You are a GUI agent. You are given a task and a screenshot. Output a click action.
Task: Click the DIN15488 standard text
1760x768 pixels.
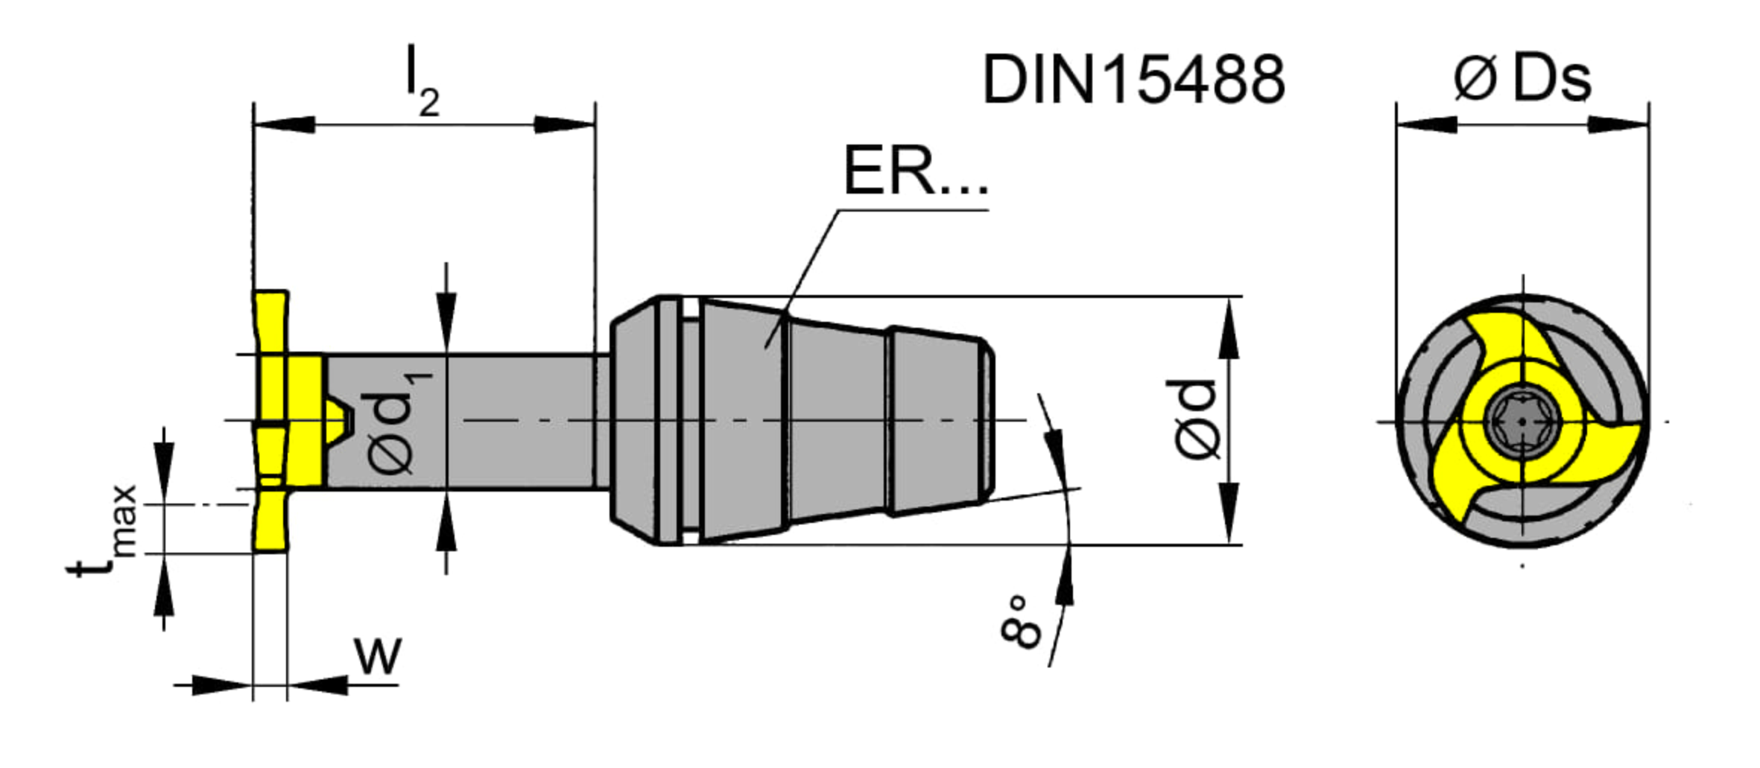click(x=1133, y=79)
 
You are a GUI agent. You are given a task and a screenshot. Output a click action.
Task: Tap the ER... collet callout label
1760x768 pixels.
click(x=915, y=171)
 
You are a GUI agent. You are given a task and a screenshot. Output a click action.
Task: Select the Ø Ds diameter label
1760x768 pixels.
click(x=1522, y=78)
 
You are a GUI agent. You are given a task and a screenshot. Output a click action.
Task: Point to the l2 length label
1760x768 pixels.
click(x=422, y=80)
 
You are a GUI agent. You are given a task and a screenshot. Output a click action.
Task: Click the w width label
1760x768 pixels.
click(x=379, y=656)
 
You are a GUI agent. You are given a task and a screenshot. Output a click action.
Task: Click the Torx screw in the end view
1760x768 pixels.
click(x=1522, y=422)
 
